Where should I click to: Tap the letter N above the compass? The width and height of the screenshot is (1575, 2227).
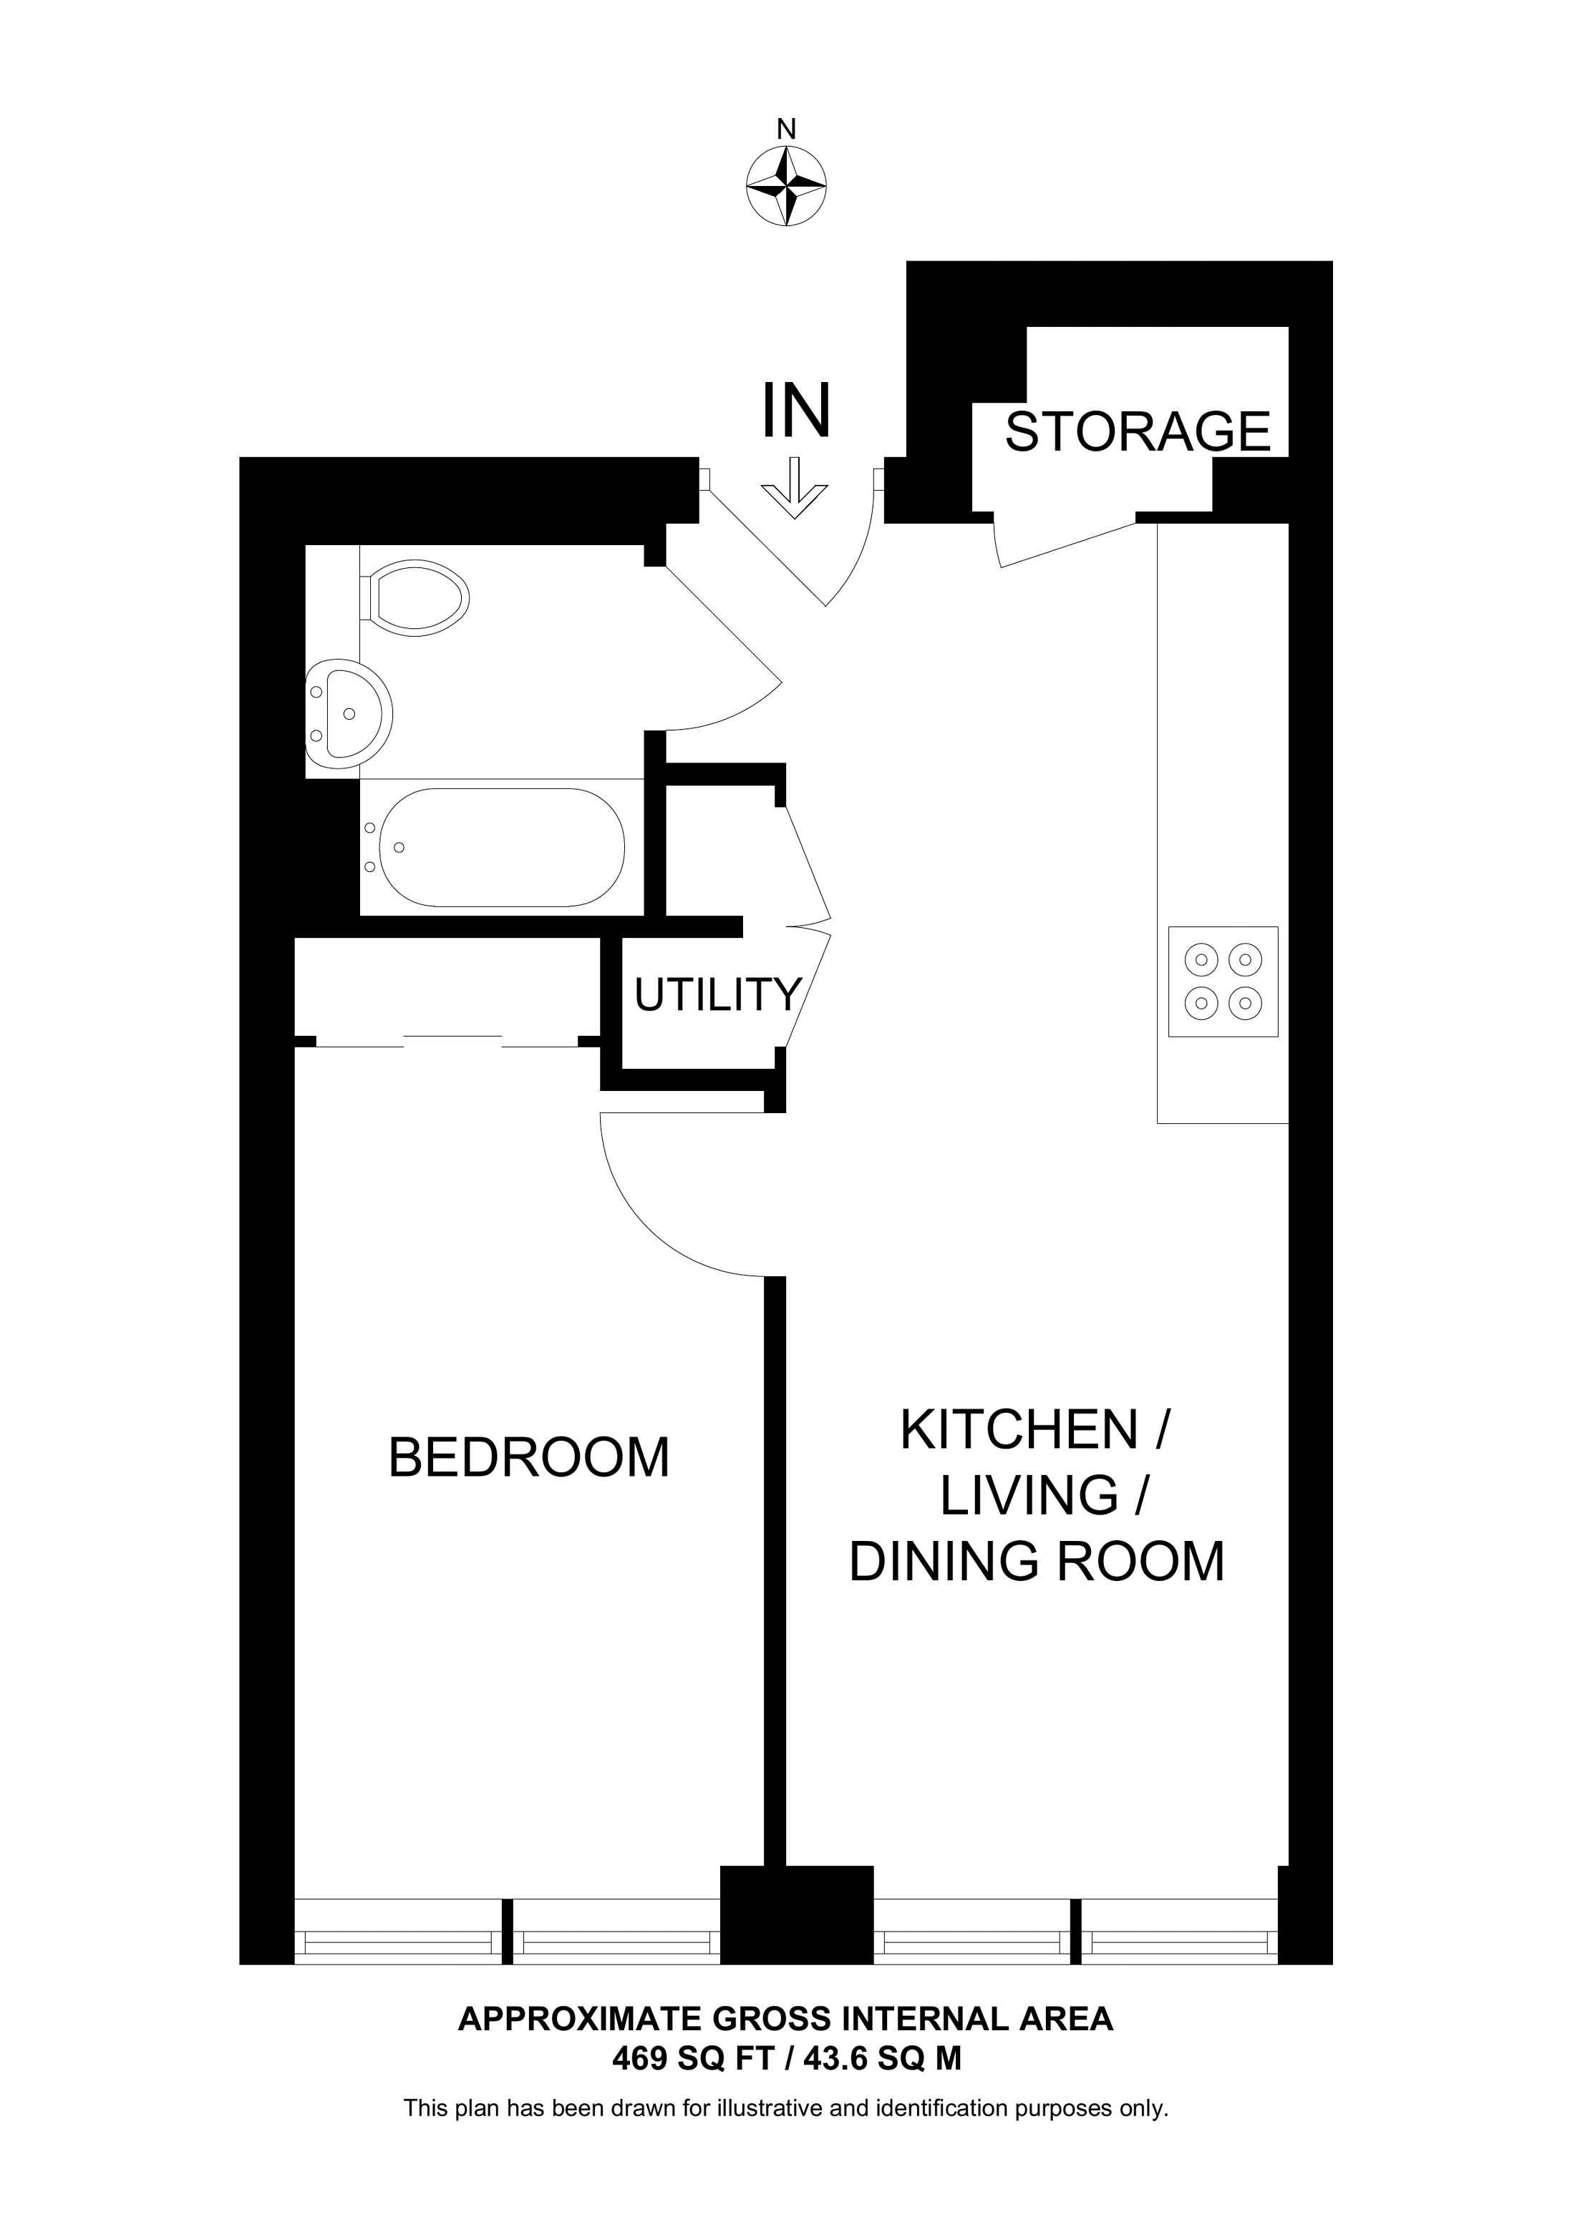(786, 129)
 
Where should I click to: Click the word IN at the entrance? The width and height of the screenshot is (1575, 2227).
(796, 411)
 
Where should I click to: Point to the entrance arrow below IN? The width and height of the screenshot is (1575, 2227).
(795, 488)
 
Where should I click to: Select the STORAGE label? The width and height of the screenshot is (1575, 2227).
(1138, 431)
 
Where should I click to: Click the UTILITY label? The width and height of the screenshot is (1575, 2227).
(718, 995)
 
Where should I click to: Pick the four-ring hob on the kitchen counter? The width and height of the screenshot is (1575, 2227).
(1223, 982)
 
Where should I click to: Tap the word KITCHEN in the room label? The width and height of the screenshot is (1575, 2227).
(1019, 1431)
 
